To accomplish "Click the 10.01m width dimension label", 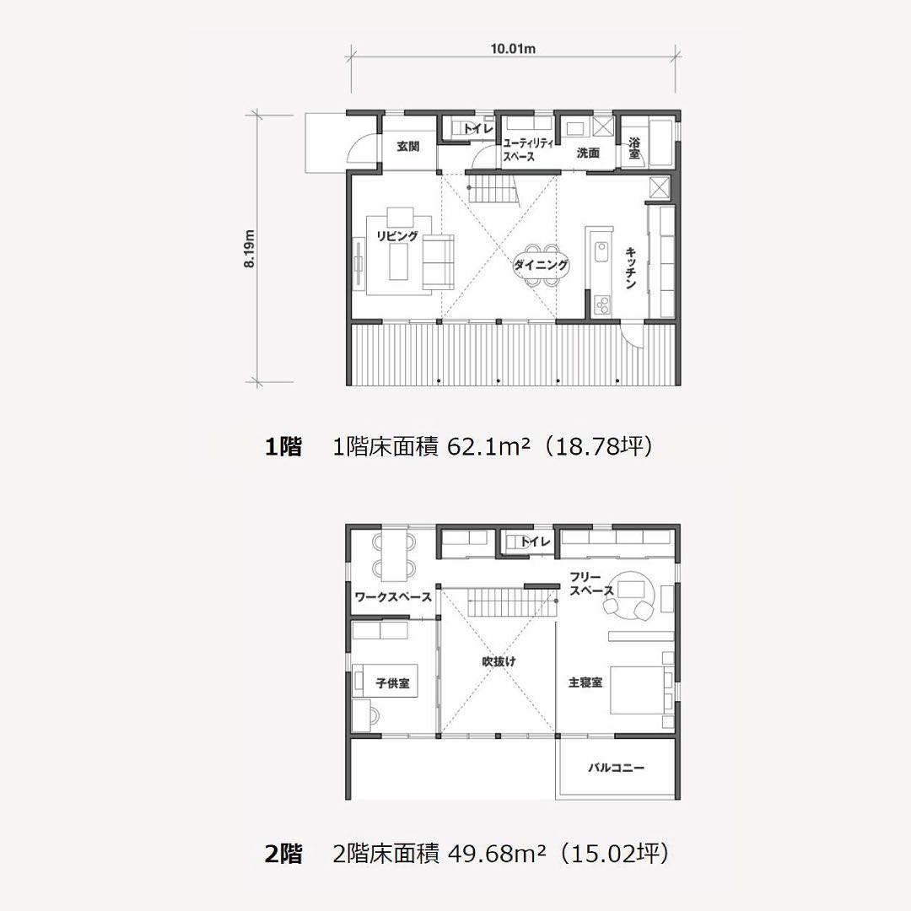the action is click(513, 48).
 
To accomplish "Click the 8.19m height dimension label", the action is click(249, 249).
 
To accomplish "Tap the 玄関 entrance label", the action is click(408, 147).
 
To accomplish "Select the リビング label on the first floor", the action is click(397, 236).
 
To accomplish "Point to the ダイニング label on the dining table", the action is click(541, 265).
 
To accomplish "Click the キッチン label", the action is click(632, 268).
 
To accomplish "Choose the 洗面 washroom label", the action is click(588, 153).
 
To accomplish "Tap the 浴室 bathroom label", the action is click(634, 148).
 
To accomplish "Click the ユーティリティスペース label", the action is click(527, 150).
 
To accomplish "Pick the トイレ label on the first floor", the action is click(478, 129).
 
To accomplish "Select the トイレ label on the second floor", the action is click(535, 542).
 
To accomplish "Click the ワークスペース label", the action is click(393, 597).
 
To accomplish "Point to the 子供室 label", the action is click(393, 683).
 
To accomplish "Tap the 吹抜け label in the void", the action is click(499, 661).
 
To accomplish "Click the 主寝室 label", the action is click(585, 682).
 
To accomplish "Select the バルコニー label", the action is click(617, 768).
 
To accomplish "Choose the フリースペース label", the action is click(591, 584).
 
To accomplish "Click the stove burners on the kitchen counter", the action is click(602, 305).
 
